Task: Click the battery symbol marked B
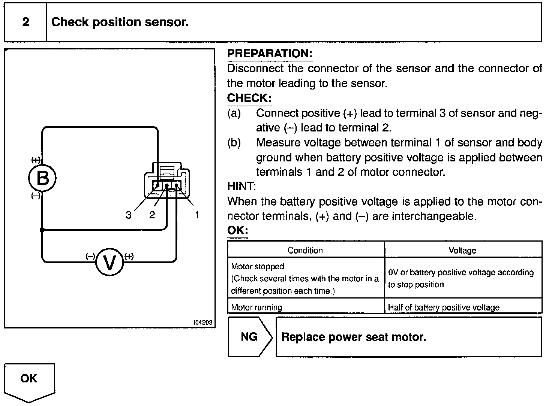42,178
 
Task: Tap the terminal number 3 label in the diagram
129,215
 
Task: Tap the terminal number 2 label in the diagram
152,215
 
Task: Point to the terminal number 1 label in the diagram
197,215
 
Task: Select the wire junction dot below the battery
42,230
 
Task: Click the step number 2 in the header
25,22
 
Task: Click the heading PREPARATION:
270,54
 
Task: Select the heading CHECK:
249,98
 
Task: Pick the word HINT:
241,186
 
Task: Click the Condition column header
305,250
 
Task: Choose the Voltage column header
462,250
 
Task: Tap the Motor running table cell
257,307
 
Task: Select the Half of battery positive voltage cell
444,307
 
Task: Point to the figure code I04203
203,322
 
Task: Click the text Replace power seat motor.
354,337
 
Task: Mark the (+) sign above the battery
36,160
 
